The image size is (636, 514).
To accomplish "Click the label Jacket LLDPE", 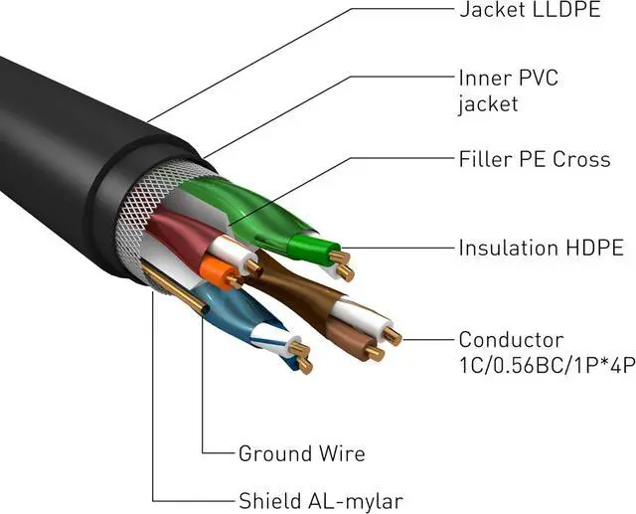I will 530,11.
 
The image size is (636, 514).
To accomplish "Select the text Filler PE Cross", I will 534,159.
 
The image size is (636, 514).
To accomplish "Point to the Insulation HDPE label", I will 540,248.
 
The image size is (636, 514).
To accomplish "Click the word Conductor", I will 511,340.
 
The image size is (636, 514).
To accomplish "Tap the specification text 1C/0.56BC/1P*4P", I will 547,365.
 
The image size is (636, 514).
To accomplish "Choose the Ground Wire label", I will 301,454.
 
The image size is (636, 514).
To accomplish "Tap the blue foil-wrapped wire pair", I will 234,308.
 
